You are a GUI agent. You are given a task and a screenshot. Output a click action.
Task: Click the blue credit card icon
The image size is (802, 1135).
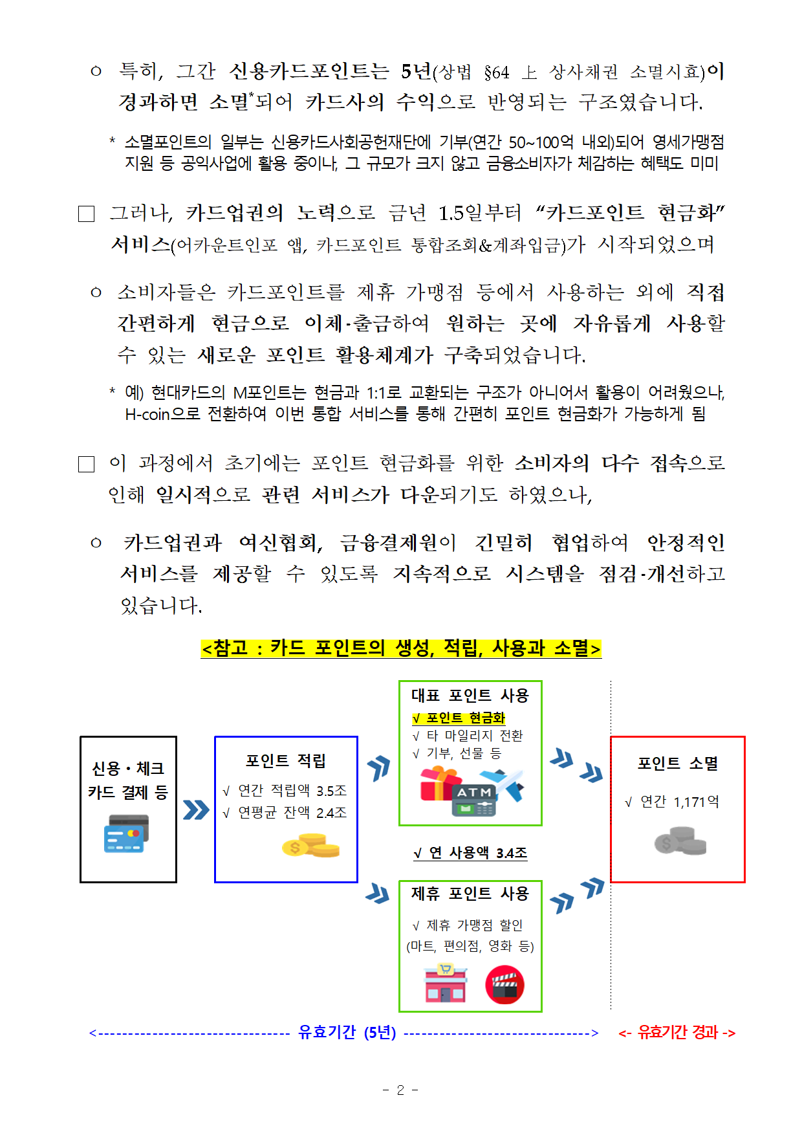pos(127,833)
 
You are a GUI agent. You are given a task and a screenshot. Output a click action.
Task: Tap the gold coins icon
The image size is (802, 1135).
pos(311,845)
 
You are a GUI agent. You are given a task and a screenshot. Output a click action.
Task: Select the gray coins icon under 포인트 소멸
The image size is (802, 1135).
pos(680,841)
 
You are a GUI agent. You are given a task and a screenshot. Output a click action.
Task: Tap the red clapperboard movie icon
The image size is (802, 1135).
pos(504,985)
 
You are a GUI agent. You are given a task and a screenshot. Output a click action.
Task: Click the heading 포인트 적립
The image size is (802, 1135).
pos(285,761)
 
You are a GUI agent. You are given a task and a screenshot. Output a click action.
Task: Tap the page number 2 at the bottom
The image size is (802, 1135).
pos(400,1090)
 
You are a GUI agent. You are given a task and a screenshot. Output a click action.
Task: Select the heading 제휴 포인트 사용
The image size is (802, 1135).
pos(470,894)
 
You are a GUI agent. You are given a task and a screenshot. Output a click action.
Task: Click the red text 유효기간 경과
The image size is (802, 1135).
pos(677,1032)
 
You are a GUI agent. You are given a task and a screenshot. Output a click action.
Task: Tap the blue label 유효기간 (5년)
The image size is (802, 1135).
pos(347,1032)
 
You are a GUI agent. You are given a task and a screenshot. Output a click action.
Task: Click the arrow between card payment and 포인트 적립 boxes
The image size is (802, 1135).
pos(195,810)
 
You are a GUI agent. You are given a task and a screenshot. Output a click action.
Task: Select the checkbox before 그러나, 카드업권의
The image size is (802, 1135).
pos(87,214)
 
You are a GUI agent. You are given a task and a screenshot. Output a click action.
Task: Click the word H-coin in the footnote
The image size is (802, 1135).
pos(147,414)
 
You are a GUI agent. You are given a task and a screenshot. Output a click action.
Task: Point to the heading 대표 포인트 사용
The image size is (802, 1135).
pos(470,696)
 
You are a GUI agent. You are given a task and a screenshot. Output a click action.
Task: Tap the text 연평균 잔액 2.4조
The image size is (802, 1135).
pos(292,813)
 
